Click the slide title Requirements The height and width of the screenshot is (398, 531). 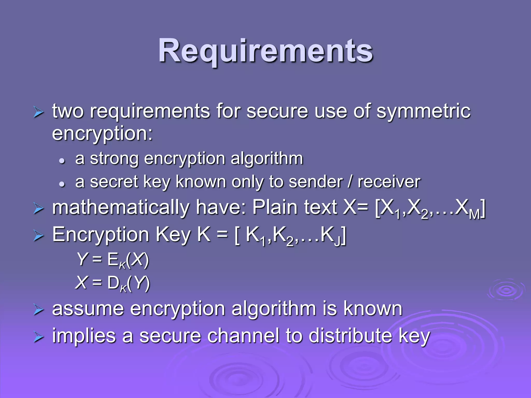pos(265,51)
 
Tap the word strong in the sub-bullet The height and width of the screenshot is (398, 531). pos(114,159)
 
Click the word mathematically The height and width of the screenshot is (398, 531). pos(121,208)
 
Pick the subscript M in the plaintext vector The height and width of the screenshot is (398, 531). pos(475,215)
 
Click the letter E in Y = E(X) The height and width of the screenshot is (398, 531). pos(113,259)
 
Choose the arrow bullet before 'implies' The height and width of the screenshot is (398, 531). pos(38,337)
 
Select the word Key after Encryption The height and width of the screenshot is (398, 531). pos(173,235)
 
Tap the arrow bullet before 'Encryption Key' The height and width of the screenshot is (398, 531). pos(38,236)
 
